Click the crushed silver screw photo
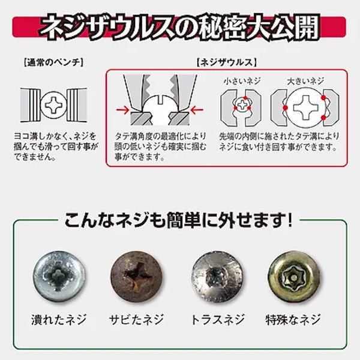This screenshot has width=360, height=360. [x=59, y=276]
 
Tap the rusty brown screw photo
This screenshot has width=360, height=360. [x=136, y=277]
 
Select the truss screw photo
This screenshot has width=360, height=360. [x=217, y=276]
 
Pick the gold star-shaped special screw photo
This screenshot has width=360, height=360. [x=294, y=277]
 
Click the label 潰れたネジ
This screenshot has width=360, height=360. [x=59, y=320]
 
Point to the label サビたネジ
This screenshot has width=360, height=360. [x=136, y=320]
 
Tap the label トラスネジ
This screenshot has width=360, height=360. [x=217, y=320]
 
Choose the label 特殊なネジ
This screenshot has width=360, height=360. [x=293, y=320]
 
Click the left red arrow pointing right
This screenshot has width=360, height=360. [x=122, y=110]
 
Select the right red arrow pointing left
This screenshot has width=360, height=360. [x=197, y=110]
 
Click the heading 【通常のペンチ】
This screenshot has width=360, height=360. [x=53, y=62]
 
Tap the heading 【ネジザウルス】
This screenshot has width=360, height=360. [x=227, y=62]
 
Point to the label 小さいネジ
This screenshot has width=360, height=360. [x=242, y=81]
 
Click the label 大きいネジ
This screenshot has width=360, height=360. [x=305, y=81]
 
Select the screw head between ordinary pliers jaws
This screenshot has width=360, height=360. [x=53, y=106]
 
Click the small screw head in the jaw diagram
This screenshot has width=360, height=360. [x=242, y=104]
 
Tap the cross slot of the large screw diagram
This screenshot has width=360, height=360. [x=305, y=107]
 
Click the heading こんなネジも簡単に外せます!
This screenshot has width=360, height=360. [x=179, y=220]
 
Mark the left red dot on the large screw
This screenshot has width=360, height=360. [x=286, y=107]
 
